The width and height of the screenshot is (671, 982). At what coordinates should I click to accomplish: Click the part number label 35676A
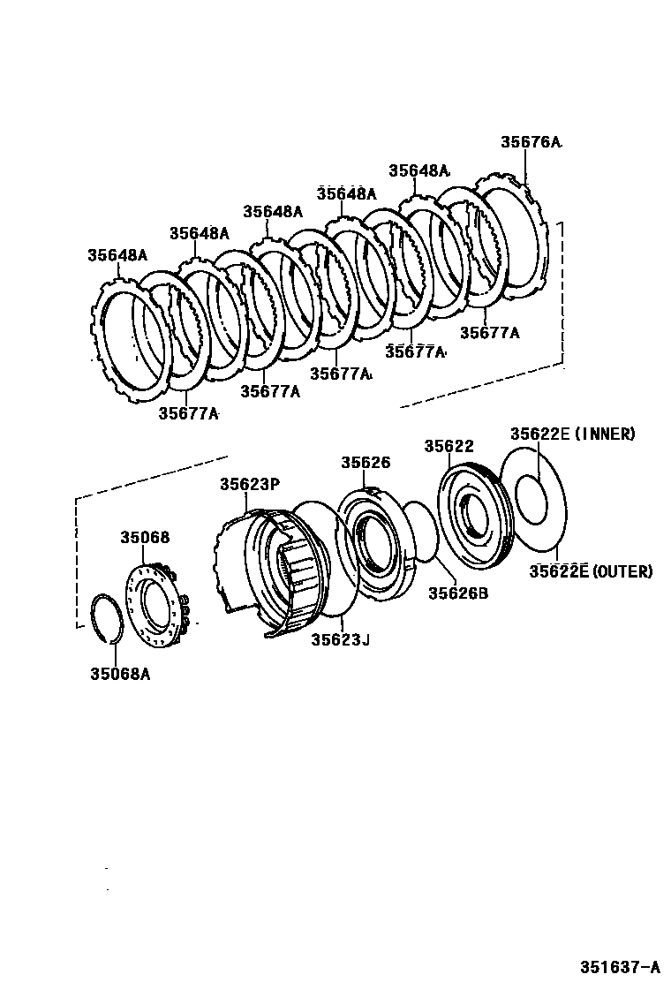click(x=531, y=141)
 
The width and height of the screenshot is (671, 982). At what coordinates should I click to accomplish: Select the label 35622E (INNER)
click(x=572, y=434)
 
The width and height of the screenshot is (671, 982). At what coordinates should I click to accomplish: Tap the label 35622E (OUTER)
click(x=591, y=571)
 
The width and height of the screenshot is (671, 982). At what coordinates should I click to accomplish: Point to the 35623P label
click(x=249, y=483)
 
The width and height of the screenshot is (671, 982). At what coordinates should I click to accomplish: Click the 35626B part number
click(x=458, y=593)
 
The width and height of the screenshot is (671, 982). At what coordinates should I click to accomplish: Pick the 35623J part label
click(x=340, y=639)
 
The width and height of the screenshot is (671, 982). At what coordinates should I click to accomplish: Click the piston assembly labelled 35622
click(x=472, y=517)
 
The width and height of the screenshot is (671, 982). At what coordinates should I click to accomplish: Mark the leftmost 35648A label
click(x=117, y=255)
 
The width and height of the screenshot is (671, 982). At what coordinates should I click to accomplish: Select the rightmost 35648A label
click(x=418, y=170)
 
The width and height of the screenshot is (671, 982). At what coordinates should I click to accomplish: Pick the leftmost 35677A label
click(x=188, y=412)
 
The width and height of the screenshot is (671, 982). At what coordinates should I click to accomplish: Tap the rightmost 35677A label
click(x=490, y=333)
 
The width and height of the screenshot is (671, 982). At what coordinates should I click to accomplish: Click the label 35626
click(x=366, y=463)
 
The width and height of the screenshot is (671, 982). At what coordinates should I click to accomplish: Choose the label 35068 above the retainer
click(x=145, y=537)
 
